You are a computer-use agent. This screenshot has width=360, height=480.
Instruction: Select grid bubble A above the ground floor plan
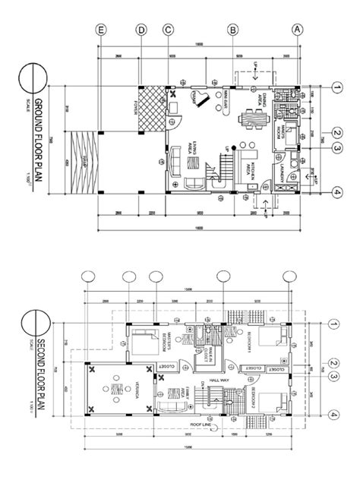(x=298, y=30)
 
